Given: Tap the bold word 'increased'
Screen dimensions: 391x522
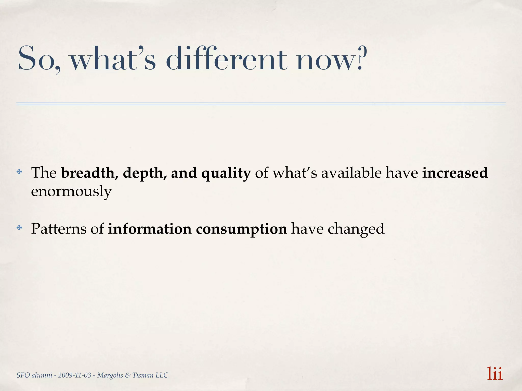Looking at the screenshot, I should pyautogui.click(x=455, y=173).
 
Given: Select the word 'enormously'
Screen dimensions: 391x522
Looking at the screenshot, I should pyautogui.click(x=71, y=191).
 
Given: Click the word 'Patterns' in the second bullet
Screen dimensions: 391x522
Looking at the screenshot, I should pyautogui.click(x=59, y=229).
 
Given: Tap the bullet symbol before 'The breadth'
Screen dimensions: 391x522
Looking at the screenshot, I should pyautogui.click(x=19, y=172).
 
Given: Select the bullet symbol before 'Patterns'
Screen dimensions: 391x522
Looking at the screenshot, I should pyautogui.click(x=19, y=228).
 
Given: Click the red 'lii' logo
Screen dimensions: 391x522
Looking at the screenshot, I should pyautogui.click(x=495, y=374).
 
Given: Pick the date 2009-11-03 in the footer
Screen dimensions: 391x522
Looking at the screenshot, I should pyautogui.click(x=74, y=375).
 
